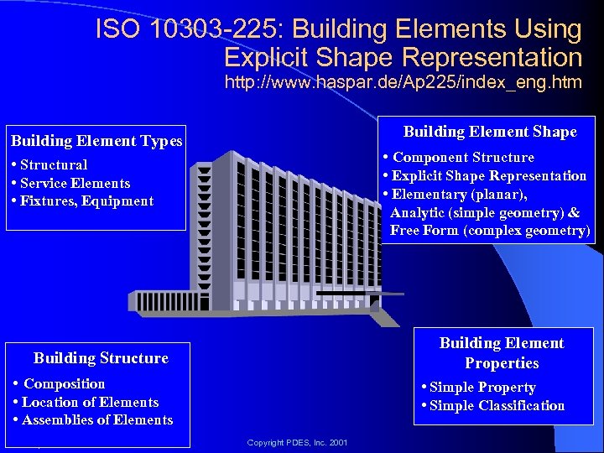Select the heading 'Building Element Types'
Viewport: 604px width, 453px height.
[96, 141]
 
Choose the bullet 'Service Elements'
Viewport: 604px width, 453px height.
[75, 183]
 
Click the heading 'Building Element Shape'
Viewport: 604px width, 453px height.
[490, 132]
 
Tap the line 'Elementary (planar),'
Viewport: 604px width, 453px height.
[459, 194]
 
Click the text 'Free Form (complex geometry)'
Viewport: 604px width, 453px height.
[490, 231]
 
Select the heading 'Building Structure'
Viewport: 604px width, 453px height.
[101, 358]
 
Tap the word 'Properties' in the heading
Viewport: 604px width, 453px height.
[502, 363]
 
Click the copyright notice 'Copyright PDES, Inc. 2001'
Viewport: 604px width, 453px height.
[299, 442]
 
